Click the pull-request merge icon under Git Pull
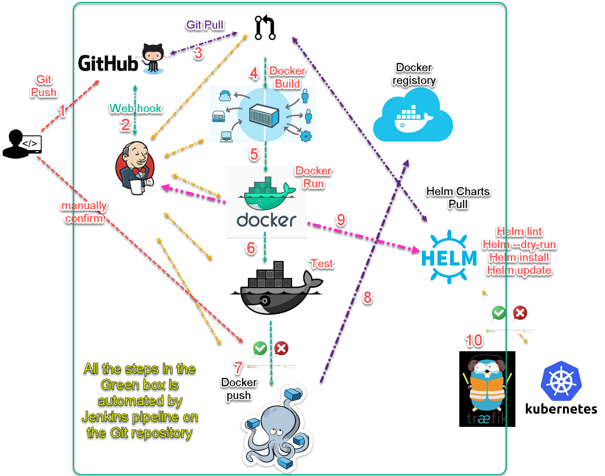265,28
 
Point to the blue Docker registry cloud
413,116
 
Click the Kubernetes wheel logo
561,381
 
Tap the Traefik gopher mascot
487,388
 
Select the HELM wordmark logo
449,258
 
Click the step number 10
474,340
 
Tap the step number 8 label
367,298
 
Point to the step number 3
198,53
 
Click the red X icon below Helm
520,313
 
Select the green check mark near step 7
260,348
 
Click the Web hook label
136,108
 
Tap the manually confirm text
84,212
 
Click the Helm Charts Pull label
458,198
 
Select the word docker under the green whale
266,221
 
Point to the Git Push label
44,86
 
